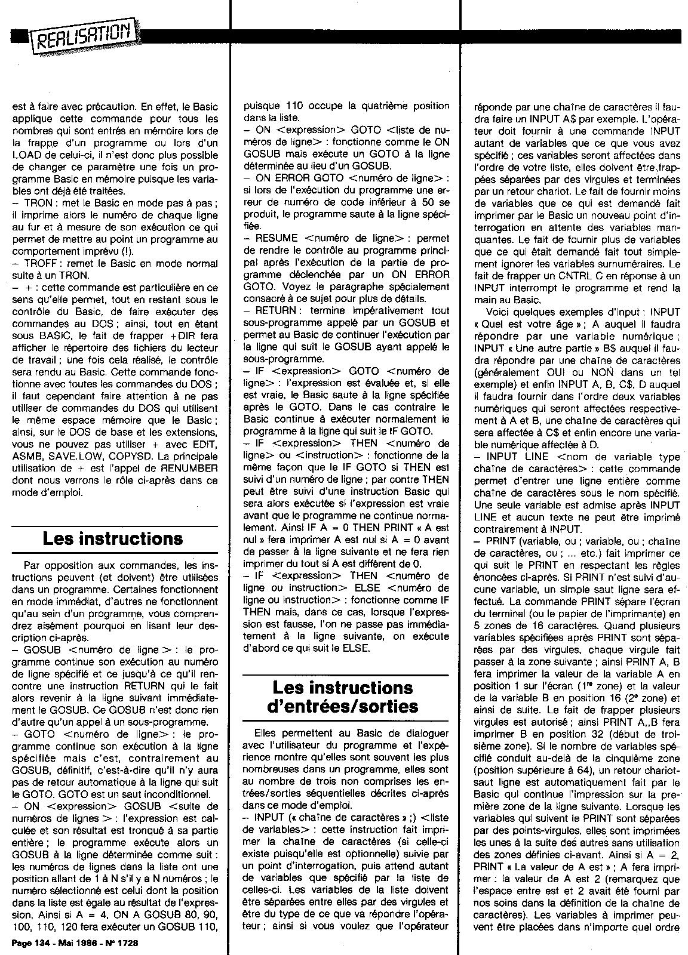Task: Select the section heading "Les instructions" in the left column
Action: (112, 539)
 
